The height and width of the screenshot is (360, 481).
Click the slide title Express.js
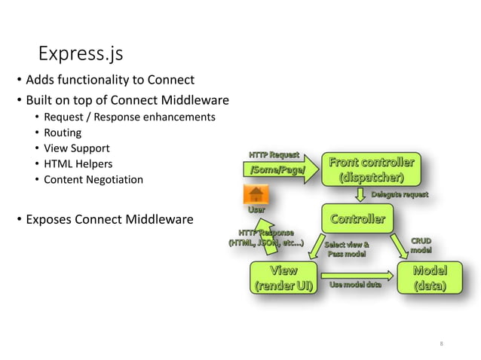click(x=81, y=54)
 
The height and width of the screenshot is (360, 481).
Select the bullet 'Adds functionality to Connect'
click(x=110, y=80)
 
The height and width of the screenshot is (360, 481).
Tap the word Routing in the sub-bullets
click(x=63, y=133)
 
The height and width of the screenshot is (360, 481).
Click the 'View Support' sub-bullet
click(x=77, y=148)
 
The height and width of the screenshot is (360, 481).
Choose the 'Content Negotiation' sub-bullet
click(x=93, y=180)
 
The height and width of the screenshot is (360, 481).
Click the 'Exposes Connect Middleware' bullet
click(x=109, y=220)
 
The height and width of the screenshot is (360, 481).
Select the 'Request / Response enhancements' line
click(x=130, y=117)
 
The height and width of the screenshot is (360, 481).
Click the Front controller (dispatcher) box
click(x=370, y=170)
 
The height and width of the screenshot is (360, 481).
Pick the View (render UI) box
click(x=283, y=278)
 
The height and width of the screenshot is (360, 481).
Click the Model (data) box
click(x=430, y=278)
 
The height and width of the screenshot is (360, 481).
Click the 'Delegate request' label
click(x=400, y=194)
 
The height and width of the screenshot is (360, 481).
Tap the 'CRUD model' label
click(x=421, y=245)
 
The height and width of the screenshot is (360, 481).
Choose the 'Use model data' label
click(x=355, y=284)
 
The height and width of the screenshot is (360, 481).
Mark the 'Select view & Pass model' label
click(x=346, y=249)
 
